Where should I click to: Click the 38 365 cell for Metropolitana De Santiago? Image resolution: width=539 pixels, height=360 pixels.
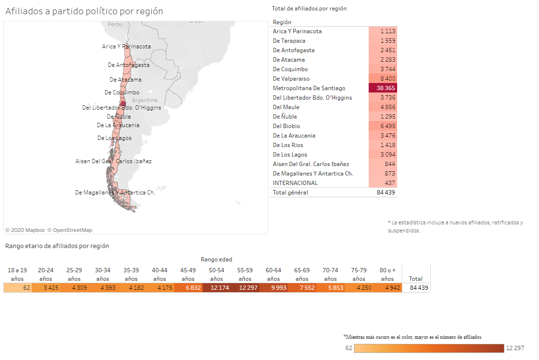coord(382,88)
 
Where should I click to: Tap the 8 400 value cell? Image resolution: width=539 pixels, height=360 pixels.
coord(382,79)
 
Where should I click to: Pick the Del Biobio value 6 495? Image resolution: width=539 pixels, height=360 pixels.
coord(382,126)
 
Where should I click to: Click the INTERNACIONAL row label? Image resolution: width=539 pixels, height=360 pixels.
coord(295,183)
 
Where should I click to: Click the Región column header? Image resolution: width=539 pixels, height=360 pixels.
coord(282,22)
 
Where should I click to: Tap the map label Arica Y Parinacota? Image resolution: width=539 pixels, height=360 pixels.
coord(126,46)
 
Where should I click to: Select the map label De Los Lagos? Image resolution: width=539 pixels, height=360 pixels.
coord(114,138)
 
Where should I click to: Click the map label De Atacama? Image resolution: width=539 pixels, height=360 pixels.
coord(125,80)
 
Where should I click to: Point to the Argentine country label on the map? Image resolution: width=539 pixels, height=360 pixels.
coord(145,100)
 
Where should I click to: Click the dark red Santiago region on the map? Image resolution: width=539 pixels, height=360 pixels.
coord(123,103)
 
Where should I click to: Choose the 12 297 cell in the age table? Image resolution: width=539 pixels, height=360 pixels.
coord(245,288)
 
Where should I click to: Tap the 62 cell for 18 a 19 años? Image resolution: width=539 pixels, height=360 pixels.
coord(18,288)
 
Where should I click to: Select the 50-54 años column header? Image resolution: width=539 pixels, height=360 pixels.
coord(216,274)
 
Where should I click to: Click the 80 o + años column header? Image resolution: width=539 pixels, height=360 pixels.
coord(387,274)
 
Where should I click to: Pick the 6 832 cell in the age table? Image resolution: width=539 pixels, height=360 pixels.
coord(188,288)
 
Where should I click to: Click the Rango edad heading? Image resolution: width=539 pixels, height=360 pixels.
coord(216,259)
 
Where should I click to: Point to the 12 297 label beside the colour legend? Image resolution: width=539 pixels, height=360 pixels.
coord(515,348)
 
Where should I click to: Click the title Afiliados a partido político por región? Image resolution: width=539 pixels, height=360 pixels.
coord(84,11)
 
